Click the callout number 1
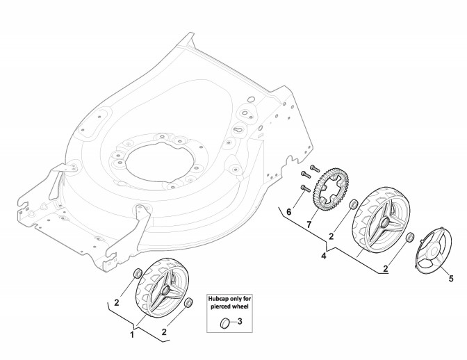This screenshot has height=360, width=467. [133, 335]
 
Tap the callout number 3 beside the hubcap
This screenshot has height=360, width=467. [240, 322]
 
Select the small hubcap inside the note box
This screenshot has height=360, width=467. [224, 322]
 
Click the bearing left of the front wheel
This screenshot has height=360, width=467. [137, 271]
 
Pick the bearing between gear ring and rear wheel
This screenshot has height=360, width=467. [352, 204]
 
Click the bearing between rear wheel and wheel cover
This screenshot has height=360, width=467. [409, 236]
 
